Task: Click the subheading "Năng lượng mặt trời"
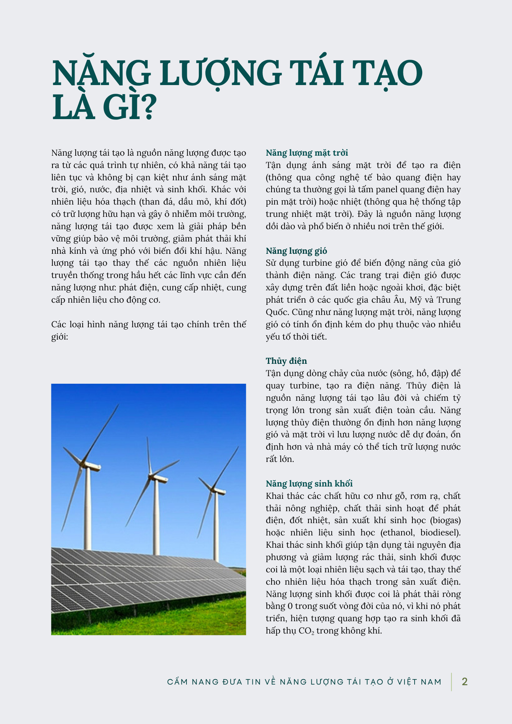[x=307, y=153]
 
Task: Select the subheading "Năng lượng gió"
[x=296, y=251]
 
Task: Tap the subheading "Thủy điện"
[x=286, y=361]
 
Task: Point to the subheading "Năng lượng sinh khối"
[x=309, y=484]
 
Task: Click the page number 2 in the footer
[x=465, y=682]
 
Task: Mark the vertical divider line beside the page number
[x=452, y=682]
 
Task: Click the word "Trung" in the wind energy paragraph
[x=448, y=300]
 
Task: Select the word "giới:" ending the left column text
[x=59, y=337]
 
